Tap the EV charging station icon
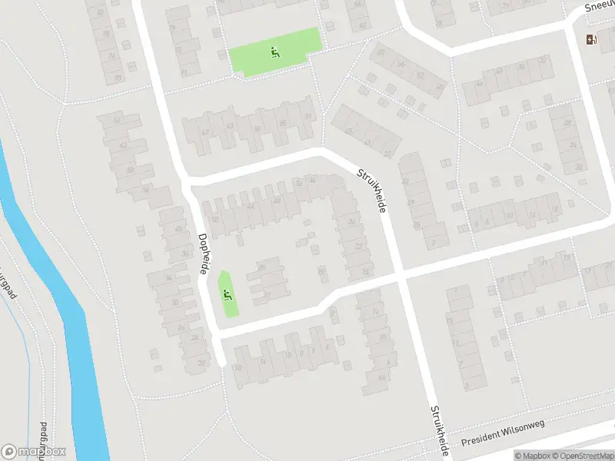590,40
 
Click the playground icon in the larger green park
274,52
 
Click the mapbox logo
34,451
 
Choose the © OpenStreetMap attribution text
582,456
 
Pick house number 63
230,125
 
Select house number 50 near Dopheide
215,219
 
